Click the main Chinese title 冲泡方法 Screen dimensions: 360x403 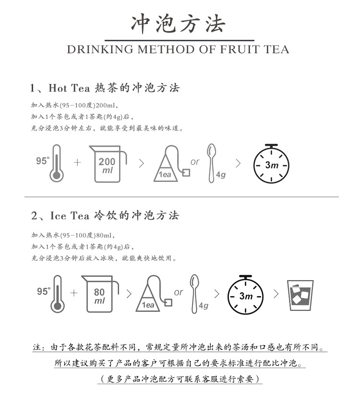point(178,24)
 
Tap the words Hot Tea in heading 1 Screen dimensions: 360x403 point(69,88)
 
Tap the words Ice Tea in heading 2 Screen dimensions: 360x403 point(70,215)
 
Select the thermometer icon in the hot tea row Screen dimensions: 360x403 point(57,164)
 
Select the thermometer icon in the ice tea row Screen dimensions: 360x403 point(57,294)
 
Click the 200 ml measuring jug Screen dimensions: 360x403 point(108,164)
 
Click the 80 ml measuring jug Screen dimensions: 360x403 point(100,294)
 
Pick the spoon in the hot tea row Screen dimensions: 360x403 point(211,163)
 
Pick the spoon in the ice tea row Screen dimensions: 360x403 point(194,294)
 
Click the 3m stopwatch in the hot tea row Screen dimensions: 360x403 point(271,164)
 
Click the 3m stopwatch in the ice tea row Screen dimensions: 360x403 point(246,295)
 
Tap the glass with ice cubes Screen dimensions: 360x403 point(300,296)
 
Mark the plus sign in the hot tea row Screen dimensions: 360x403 point(77,163)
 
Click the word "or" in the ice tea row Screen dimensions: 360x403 point(179,292)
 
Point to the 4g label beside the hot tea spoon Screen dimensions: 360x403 point(221,175)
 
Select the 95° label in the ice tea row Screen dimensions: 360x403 point(44,291)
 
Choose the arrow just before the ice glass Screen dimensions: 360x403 point(276,294)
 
